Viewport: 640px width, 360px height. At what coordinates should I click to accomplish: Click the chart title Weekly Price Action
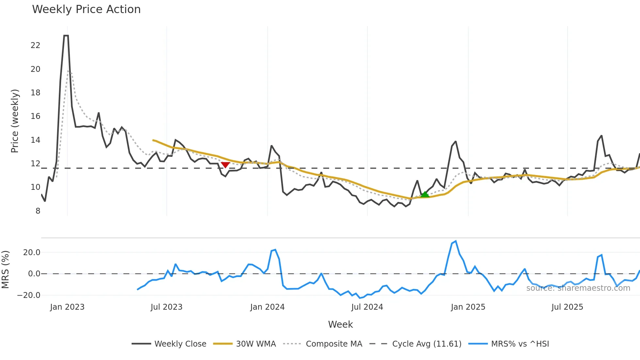(86, 9)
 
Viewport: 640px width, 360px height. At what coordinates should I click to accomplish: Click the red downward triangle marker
(225, 165)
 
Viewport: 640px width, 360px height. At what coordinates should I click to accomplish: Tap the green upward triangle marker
(424, 194)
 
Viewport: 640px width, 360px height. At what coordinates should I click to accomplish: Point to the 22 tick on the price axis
(35, 45)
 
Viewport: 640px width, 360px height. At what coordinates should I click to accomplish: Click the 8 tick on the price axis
(38, 211)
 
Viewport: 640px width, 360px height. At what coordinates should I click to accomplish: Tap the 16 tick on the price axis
(35, 116)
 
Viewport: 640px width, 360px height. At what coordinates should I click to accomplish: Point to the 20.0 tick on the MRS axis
(32, 253)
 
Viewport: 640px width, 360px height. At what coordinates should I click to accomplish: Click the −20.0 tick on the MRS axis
(29, 295)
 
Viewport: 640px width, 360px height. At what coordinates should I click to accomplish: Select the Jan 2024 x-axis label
(267, 307)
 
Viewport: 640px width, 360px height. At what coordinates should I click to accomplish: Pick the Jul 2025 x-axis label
(567, 307)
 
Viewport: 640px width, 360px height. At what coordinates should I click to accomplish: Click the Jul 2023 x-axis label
(167, 307)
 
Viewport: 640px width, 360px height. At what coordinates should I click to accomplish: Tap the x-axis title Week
(340, 324)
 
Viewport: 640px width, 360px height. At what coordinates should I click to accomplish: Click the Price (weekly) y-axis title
(15, 121)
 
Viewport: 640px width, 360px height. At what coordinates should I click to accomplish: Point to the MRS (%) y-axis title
(5, 270)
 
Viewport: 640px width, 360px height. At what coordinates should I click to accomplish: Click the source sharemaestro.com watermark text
(578, 288)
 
